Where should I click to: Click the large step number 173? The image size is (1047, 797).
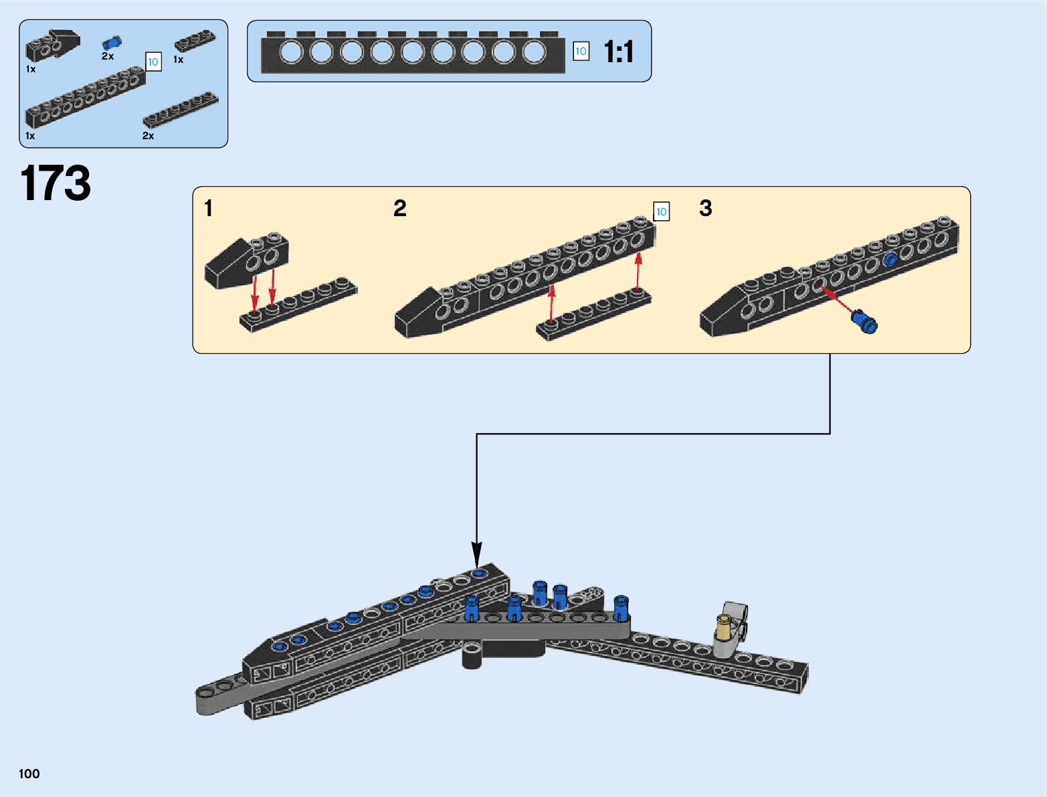tap(56, 183)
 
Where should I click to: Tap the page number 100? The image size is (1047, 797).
tap(29, 774)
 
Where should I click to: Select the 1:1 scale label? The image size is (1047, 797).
tap(618, 52)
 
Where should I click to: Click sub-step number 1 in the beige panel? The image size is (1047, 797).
tap(209, 209)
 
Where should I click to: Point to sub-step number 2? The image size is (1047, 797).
tap(400, 209)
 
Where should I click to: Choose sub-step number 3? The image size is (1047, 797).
tap(705, 209)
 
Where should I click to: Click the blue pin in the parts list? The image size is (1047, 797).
tap(112, 42)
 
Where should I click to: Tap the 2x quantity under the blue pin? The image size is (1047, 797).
tap(108, 57)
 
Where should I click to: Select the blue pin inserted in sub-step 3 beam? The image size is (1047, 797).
tap(890, 260)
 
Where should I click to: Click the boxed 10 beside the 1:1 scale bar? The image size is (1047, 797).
tap(581, 52)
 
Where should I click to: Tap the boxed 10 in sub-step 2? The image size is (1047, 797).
tap(661, 212)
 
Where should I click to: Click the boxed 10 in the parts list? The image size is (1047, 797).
tap(153, 62)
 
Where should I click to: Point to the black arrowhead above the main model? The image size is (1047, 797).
tap(476, 554)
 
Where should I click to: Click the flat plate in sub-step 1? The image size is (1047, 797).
tap(298, 304)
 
